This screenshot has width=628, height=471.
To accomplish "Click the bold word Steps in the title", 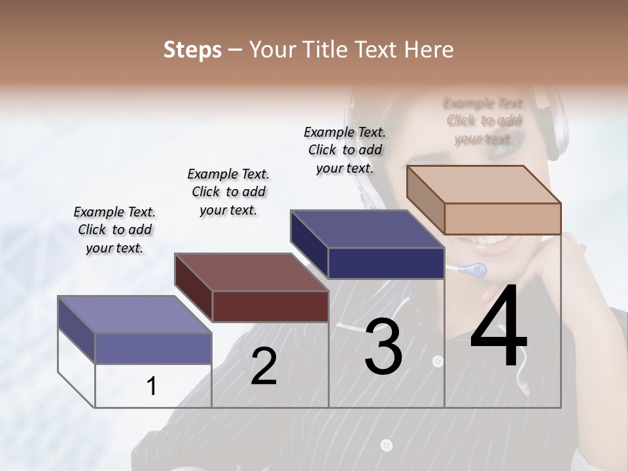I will tap(192, 50).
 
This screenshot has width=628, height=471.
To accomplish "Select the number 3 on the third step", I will tap(383, 347).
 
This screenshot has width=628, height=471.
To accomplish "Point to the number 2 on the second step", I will tap(264, 366).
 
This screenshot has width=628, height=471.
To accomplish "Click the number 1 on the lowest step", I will tap(152, 386).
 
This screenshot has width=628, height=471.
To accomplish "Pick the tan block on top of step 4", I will tap(484, 200).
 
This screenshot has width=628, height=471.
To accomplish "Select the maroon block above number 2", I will tap(252, 288).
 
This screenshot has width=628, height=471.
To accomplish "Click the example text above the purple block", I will tap(114, 230).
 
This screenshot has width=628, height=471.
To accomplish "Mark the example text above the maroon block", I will tap(228, 192).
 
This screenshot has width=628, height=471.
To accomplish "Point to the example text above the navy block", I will tap(345, 150).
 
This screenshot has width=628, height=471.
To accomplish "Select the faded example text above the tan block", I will tap(484, 121).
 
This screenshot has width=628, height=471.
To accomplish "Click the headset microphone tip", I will tap(478, 269).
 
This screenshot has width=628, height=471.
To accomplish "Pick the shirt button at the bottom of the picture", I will tap(387, 445).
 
